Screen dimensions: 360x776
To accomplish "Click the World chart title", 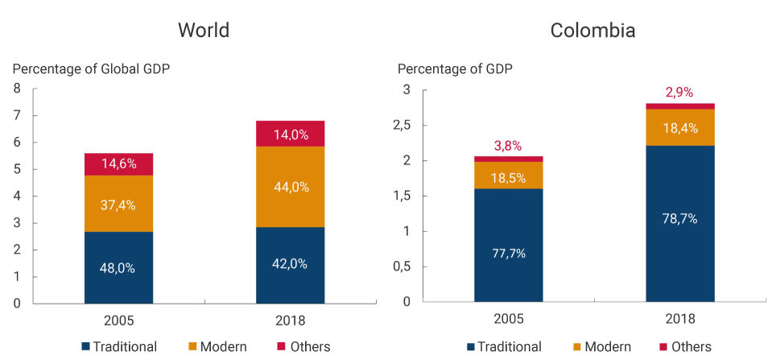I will coord(204,31).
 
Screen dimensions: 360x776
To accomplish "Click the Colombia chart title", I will coord(592,31).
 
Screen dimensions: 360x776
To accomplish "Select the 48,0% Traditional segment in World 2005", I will coord(118,267).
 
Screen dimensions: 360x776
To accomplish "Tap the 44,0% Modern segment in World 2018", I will coord(291,187).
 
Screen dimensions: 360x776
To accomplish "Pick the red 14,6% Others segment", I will coord(118,163).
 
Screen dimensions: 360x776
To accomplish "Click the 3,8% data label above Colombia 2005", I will coord(508,146).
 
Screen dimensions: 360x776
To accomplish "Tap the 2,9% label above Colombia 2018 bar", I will coord(680,93).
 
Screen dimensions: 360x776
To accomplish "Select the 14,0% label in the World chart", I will coord(291,134).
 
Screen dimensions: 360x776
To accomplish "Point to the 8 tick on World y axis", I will coord(17,89).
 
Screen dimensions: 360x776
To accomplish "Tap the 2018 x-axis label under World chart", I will coord(291,321).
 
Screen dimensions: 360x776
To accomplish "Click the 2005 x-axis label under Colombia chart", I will coord(508,319).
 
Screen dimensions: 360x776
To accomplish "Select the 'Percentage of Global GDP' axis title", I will coord(91,68).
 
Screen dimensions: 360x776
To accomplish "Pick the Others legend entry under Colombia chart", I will coord(684,346).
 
